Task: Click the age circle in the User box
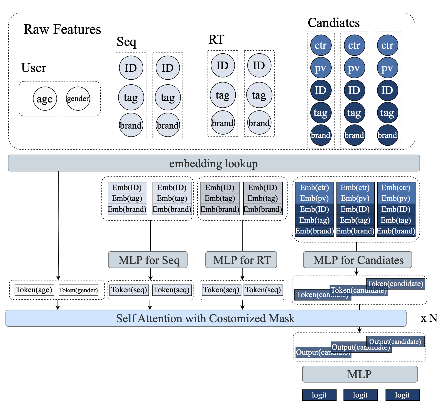(x=45, y=99)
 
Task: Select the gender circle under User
(x=78, y=99)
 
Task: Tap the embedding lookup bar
(x=214, y=163)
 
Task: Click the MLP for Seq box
(x=148, y=260)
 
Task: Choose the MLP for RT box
(x=241, y=260)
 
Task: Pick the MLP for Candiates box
(x=357, y=260)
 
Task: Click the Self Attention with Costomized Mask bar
(x=206, y=318)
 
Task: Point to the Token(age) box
(x=34, y=290)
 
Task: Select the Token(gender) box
(x=78, y=290)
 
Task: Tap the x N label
(x=429, y=318)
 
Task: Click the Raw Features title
(x=62, y=29)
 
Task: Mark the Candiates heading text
(x=334, y=23)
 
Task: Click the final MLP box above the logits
(x=360, y=374)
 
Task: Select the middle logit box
(x=360, y=395)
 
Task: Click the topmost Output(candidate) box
(x=395, y=341)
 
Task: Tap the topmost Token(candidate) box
(x=395, y=284)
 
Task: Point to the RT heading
(x=216, y=40)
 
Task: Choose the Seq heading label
(x=126, y=42)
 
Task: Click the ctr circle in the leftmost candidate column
(x=321, y=45)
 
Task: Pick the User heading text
(x=34, y=68)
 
